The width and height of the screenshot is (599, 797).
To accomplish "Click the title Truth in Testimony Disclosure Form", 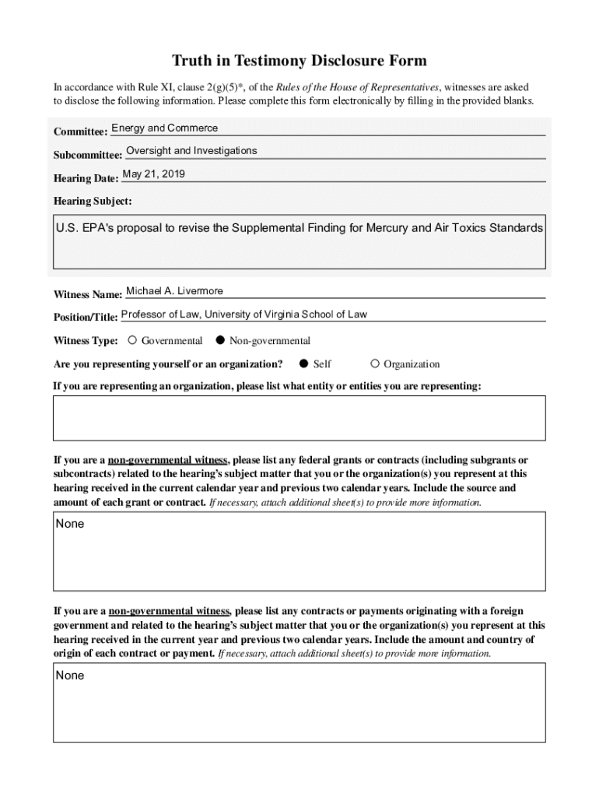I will tap(299, 61).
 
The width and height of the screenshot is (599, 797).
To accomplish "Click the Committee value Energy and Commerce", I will tap(165, 128).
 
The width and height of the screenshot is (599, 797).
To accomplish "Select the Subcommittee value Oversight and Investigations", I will tap(191, 151).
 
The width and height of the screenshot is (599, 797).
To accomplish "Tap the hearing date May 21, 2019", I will tap(153, 174).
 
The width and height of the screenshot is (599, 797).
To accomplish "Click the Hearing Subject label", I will tap(93, 202).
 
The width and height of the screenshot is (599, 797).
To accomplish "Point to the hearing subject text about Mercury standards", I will tap(299, 229).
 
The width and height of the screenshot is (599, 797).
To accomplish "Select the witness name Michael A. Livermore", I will tap(174, 291).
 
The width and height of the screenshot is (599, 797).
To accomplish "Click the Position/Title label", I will tap(86, 318).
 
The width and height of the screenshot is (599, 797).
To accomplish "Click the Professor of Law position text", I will tap(243, 314).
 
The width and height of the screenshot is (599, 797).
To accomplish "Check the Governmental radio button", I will tap(133, 340).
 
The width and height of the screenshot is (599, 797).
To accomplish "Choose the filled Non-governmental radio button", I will tap(220, 340).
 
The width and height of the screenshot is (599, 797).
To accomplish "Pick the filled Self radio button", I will tap(305, 363).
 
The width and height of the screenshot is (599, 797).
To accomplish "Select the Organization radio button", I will tap(375, 363).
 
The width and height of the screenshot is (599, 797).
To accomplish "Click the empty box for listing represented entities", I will tap(299, 418).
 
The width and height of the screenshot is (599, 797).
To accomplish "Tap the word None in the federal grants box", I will tap(70, 524).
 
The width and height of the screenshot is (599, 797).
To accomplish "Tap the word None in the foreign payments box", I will tap(70, 676).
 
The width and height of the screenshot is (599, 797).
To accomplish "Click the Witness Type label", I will tap(86, 341).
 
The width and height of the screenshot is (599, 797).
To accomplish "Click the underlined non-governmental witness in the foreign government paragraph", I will tap(169, 611).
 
